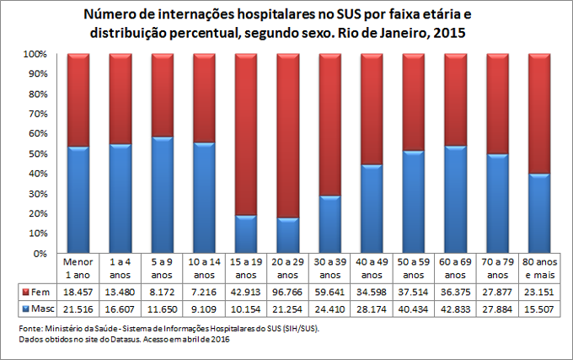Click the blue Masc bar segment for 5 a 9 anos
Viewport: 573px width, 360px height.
(x=162, y=195)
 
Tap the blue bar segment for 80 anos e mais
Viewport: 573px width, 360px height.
(x=539, y=213)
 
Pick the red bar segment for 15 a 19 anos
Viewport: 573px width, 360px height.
(x=246, y=134)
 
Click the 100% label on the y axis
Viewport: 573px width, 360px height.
(x=33, y=54)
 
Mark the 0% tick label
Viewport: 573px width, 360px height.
(x=38, y=253)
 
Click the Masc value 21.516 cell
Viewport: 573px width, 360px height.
(x=78, y=309)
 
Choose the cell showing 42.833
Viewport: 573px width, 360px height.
(x=455, y=309)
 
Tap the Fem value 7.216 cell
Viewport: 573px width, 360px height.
(x=204, y=293)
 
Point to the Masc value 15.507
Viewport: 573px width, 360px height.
(x=539, y=309)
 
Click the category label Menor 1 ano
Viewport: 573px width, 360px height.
(x=78, y=269)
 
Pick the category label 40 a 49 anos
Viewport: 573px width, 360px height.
(x=372, y=269)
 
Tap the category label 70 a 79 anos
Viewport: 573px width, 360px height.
(x=497, y=269)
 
